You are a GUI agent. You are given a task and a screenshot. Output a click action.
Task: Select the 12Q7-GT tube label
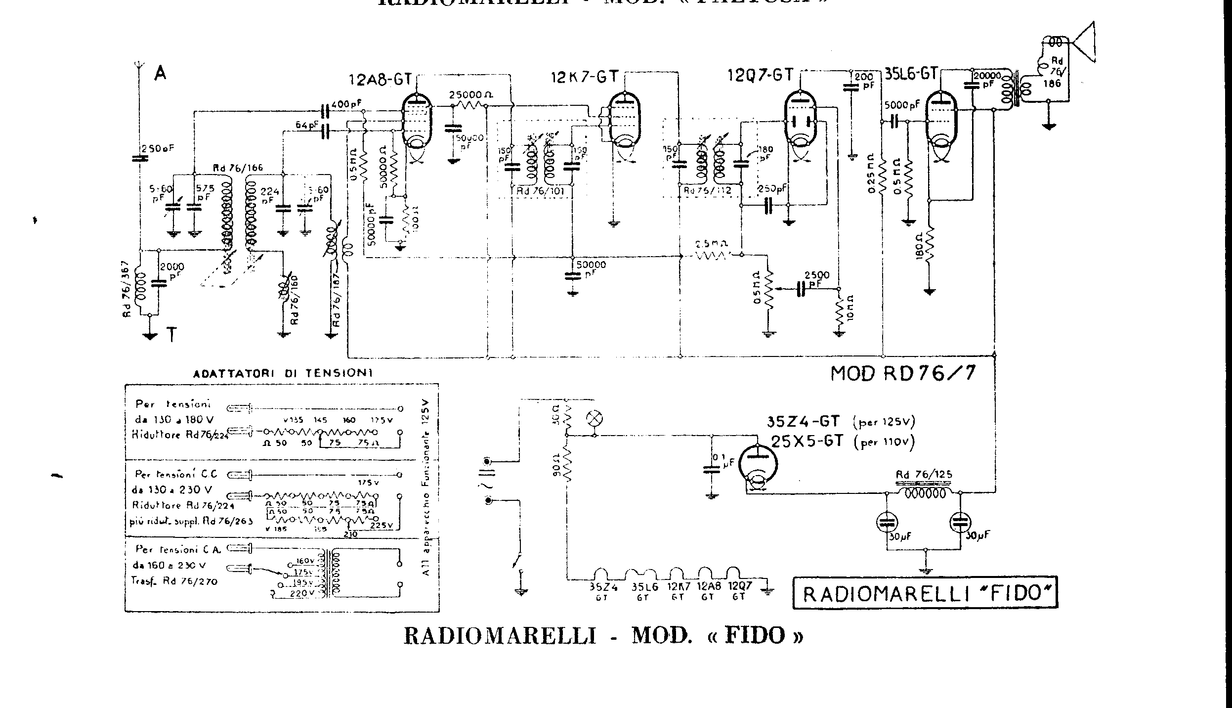pos(760,75)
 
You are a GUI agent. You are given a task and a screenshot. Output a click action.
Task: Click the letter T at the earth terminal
pos(171,335)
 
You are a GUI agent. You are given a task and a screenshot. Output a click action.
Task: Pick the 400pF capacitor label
pos(346,104)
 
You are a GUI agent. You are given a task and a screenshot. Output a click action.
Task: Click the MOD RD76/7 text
pos(903,373)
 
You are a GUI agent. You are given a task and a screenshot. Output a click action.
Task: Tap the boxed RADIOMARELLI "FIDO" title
pos(925,593)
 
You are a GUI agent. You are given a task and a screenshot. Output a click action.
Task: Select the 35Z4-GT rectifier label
pos(803,421)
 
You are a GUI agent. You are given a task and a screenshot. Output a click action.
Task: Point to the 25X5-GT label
pos(807,441)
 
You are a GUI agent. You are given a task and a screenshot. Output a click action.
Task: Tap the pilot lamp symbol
pos(594,418)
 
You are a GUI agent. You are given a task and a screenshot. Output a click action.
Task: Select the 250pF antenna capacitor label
pos(158,148)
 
